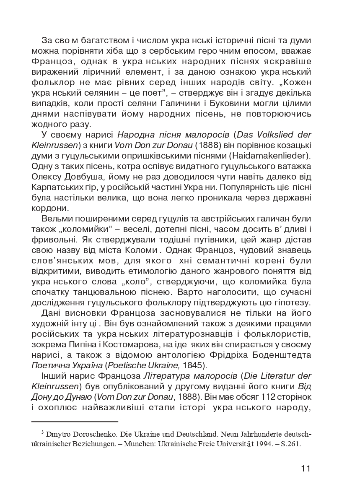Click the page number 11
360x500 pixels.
coord(306,468)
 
